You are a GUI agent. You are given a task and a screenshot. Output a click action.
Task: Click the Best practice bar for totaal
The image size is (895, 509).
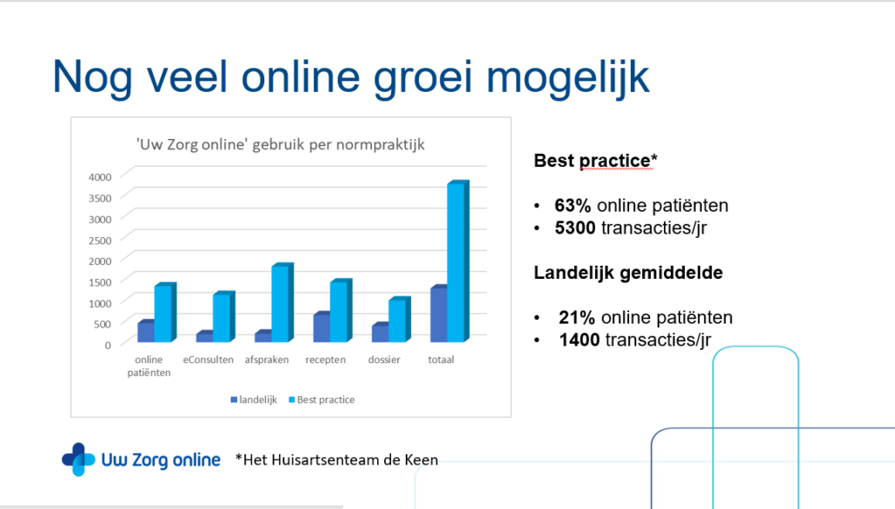coord(458,261)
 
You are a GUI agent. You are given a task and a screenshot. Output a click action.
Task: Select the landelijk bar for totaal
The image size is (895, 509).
coord(438,314)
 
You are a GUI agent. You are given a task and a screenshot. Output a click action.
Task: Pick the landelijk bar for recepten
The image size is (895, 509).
coord(322,327)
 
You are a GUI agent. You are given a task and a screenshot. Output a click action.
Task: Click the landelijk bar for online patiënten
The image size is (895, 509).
coord(146,331)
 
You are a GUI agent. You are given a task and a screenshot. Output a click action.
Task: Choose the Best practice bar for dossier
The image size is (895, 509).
coord(400,320)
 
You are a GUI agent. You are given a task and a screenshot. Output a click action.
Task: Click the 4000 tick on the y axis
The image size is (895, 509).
coord(100,177)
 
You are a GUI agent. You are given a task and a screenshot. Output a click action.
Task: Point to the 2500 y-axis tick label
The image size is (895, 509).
coord(100,241)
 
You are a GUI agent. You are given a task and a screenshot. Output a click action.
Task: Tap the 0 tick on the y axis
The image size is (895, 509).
coord(107,345)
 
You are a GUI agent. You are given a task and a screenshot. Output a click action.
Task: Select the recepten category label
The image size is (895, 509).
coord(325,360)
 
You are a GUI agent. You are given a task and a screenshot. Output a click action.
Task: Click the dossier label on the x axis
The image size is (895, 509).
coord(384,360)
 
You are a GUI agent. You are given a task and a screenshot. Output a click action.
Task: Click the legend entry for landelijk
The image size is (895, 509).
coord(254,400)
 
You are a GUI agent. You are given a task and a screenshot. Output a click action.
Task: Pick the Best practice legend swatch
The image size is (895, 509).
coord(292,400)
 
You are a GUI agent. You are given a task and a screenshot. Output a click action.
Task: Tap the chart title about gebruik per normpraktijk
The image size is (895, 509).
coord(281,144)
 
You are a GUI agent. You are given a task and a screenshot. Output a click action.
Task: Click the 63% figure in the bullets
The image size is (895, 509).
coord(573,206)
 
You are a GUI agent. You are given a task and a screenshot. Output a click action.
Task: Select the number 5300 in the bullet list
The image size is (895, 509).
coord(574,228)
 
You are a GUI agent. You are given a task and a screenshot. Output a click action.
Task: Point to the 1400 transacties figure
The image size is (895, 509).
coord(579,340)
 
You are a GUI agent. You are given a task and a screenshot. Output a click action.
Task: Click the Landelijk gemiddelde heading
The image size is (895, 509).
coord(628,273)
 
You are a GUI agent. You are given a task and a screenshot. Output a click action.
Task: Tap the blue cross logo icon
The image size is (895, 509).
coord(79,459)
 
